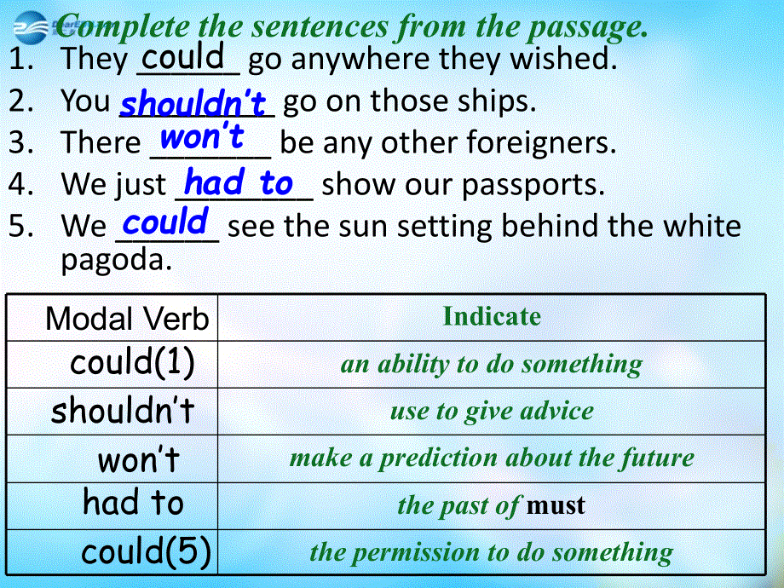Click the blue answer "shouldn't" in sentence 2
pos(193,104)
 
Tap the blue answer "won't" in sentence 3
pos(202,136)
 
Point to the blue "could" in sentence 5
pos(165,222)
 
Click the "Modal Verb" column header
pos(127,319)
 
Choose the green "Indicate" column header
pos(492,317)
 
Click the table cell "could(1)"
pos(132,363)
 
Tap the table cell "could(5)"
pos(146,551)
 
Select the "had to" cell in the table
pos(133,503)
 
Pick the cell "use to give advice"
pos(492,412)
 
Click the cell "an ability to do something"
pos(491,365)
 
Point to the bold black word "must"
pos(556,506)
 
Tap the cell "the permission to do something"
pos(491,553)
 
